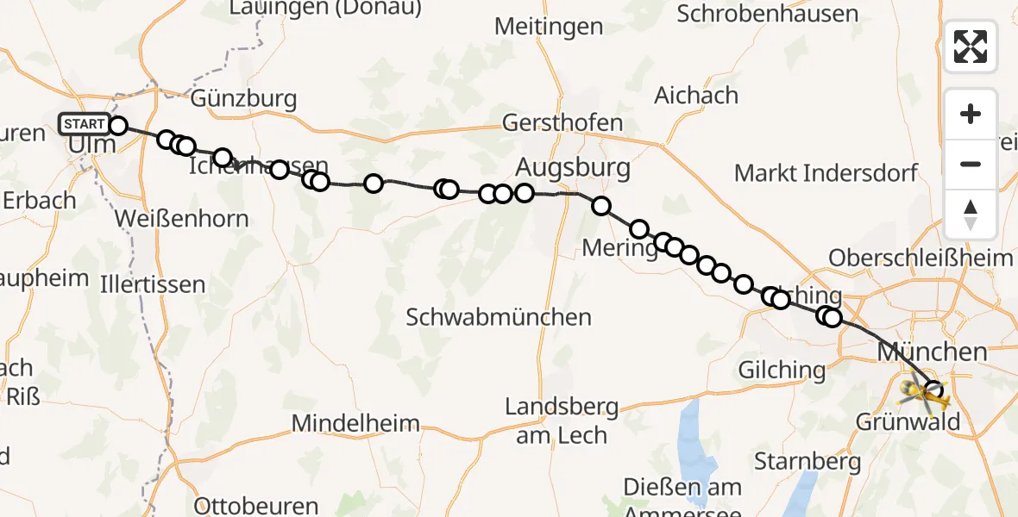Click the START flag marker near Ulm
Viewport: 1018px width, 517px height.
tap(85, 124)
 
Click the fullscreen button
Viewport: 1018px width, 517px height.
tap(971, 46)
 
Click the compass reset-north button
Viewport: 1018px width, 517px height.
tap(971, 215)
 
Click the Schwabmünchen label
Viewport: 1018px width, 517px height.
tap(499, 317)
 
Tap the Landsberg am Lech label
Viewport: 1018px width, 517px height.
tap(562, 420)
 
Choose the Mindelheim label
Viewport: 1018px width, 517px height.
tap(355, 423)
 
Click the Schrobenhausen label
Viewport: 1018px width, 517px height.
tap(768, 14)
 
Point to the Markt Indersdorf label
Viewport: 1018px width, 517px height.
tap(826, 173)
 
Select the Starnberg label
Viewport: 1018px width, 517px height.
tap(807, 461)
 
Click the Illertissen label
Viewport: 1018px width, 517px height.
tap(153, 284)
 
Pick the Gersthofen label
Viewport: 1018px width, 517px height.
tap(562, 122)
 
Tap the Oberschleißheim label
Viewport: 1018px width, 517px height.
tap(920, 257)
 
